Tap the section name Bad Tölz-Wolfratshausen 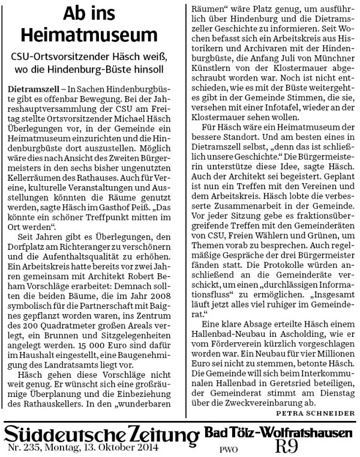[x=279, y=431]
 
